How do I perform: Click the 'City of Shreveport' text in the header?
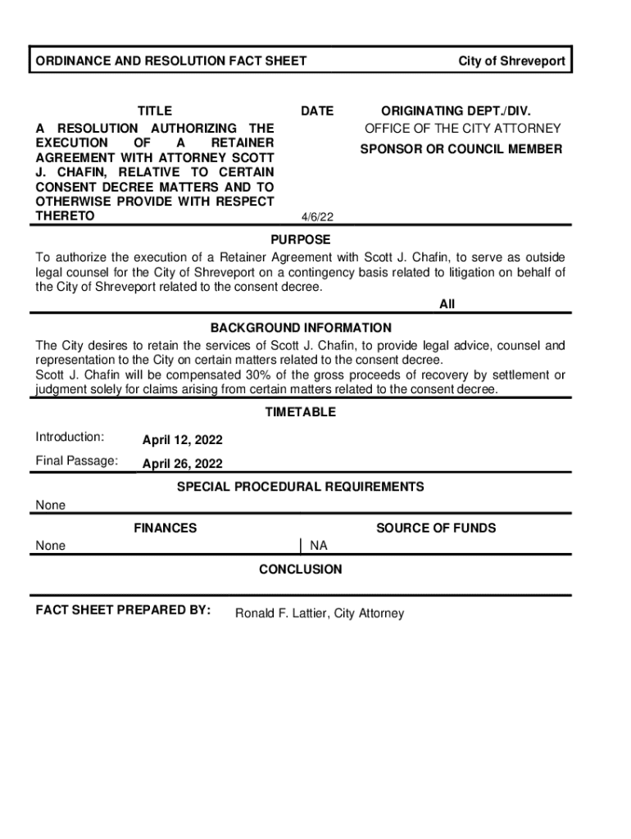(x=511, y=61)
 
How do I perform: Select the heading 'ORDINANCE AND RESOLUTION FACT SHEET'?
(x=170, y=61)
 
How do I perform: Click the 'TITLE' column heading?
(x=154, y=111)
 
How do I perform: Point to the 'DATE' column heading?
(x=317, y=111)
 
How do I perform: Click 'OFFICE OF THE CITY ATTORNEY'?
(x=463, y=129)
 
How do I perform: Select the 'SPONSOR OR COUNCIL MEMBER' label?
(x=461, y=149)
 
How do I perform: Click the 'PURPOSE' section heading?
(x=301, y=239)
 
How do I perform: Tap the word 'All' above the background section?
(x=447, y=304)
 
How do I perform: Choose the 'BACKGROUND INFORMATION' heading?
(x=301, y=328)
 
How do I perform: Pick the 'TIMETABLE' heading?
(x=300, y=412)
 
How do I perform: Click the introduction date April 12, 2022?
(x=182, y=441)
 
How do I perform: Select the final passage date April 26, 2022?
(x=182, y=465)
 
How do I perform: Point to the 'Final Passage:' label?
(x=76, y=460)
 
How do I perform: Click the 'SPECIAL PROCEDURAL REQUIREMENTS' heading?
(x=301, y=487)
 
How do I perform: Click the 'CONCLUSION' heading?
(x=301, y=569)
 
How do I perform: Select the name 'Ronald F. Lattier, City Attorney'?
(x=320, y=614)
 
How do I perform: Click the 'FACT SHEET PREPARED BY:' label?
(x=123, y=610)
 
